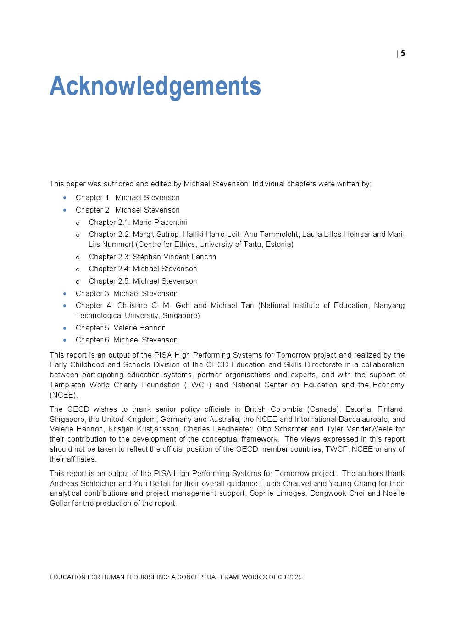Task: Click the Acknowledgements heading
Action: (155, 86)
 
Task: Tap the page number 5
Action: (403, 53)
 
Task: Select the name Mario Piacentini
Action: (160, 222)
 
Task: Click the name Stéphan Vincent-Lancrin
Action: (174, 257)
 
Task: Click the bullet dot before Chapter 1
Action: (65, 198)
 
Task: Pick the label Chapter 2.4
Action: (109, 269)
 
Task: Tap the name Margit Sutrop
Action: (155, 234)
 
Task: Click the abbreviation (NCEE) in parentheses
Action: (64, 395)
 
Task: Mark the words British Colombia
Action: (273, 409)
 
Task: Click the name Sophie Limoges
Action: (277, 493)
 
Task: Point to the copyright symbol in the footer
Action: (265, 577)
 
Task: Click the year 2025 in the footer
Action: (295, 577)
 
